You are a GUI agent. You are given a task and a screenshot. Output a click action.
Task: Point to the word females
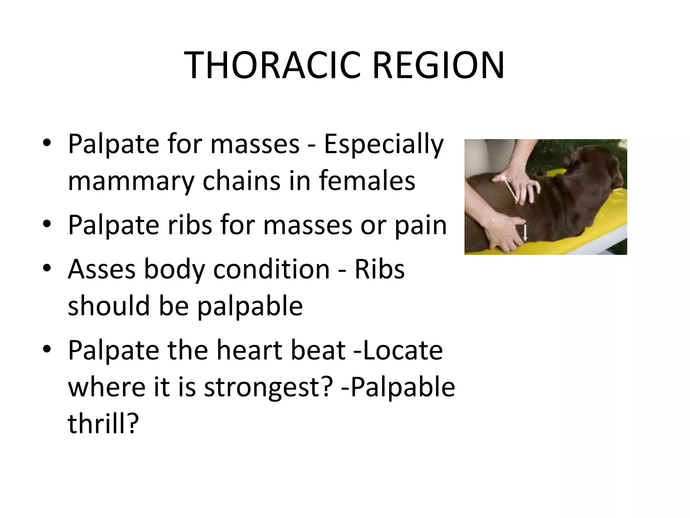pyautogui.click(x=367, y=180)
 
